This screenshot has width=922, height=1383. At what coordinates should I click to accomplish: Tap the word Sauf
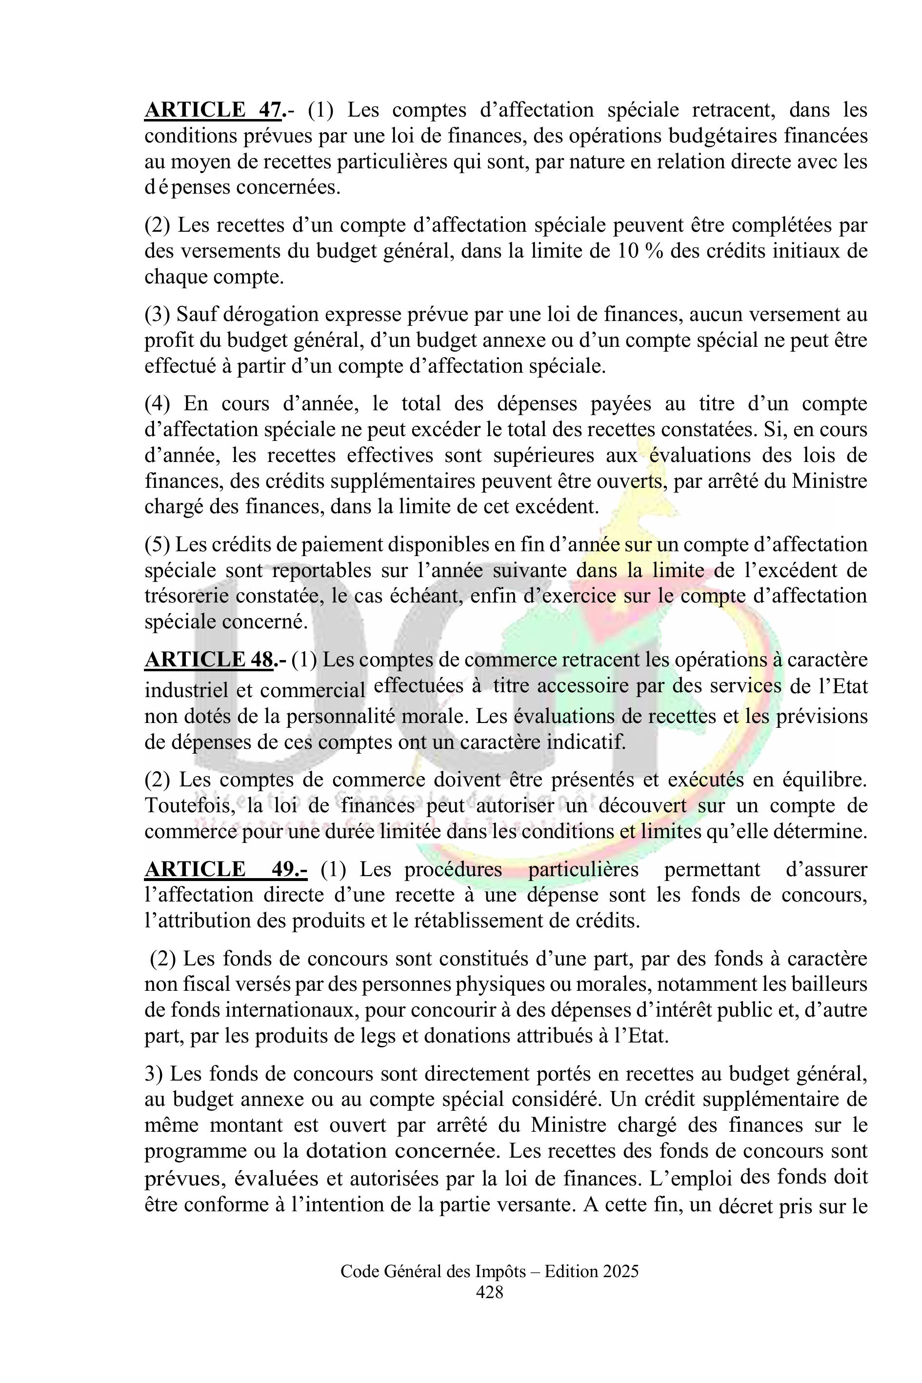point(191,315)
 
